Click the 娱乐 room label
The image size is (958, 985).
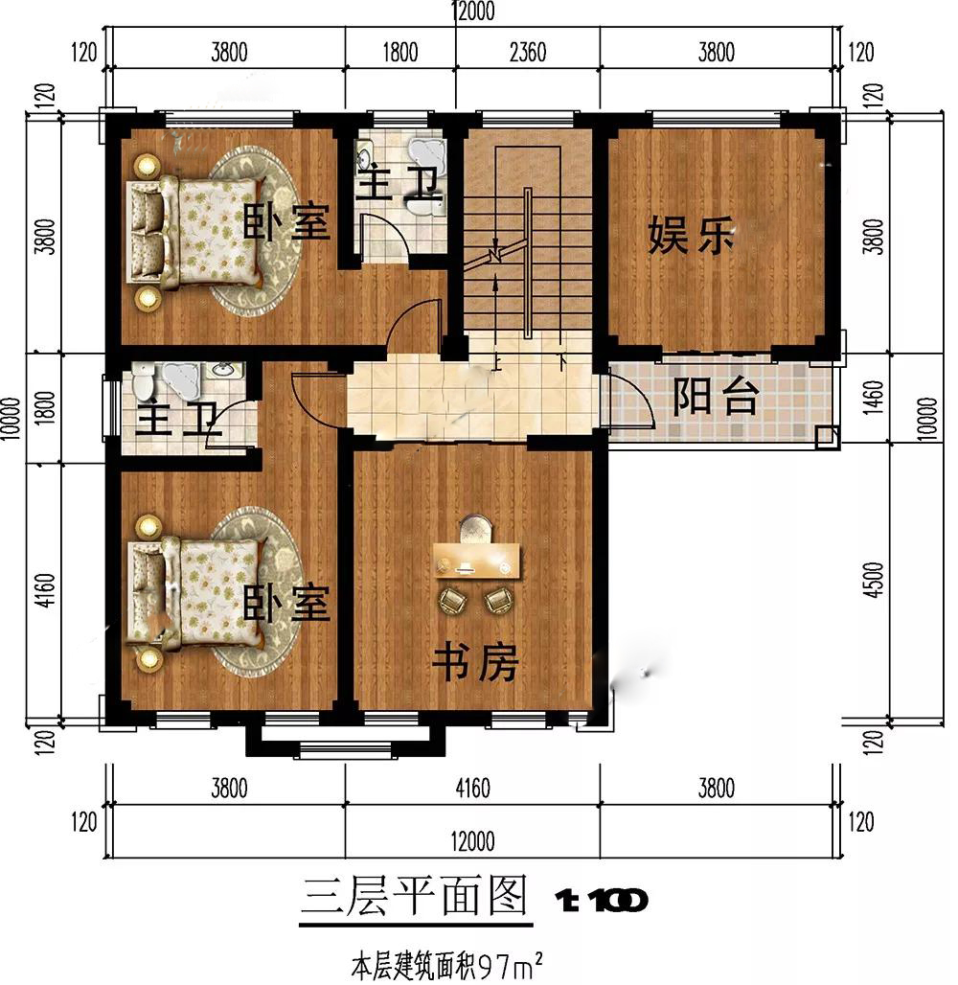691,235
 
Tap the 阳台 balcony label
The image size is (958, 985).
716,397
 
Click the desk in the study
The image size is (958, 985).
477,561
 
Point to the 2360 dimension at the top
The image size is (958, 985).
528,52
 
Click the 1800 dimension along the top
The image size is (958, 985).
400,52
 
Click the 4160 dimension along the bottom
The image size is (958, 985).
472,787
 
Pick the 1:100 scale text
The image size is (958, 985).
602,901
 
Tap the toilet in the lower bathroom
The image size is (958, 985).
144,382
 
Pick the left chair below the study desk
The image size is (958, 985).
453,601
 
